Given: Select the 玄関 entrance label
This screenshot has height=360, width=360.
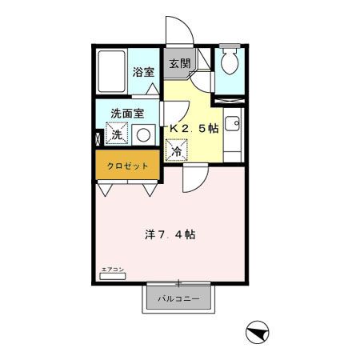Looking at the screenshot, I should pos(179,64).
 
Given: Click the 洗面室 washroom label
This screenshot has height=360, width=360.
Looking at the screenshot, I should pos(128,113).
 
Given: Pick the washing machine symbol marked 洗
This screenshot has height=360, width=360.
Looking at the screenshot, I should pos(117,134).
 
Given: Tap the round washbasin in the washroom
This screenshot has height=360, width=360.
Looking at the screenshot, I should pos(143,135).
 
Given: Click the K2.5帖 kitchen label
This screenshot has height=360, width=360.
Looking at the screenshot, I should pos(193,127).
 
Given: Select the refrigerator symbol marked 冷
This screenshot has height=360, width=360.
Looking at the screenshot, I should pos(175,149).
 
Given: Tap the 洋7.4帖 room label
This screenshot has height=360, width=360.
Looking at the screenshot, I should pos(170,235).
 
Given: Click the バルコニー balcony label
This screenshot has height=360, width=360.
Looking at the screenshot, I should pos(178,299).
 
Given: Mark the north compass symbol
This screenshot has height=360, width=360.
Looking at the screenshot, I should pos(257,331).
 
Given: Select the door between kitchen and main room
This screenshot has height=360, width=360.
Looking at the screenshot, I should pos(192,178).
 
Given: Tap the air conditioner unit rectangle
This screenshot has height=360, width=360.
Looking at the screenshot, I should pos(114,277).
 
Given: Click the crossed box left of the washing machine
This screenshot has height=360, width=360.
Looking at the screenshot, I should pos(98,137).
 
